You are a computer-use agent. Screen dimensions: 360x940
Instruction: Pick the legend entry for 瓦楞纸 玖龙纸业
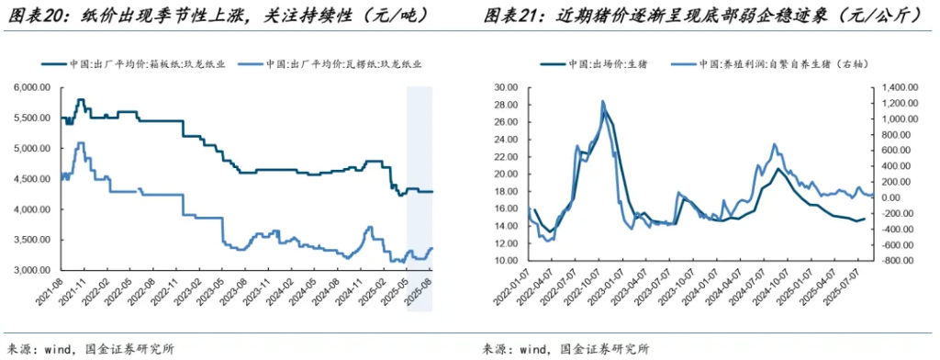pos(330,64)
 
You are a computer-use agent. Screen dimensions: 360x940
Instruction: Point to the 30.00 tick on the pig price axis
pos(506,87)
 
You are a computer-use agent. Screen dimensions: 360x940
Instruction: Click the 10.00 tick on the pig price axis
pos(506,261)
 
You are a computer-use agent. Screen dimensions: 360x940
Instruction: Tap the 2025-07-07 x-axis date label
pos(857,298)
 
